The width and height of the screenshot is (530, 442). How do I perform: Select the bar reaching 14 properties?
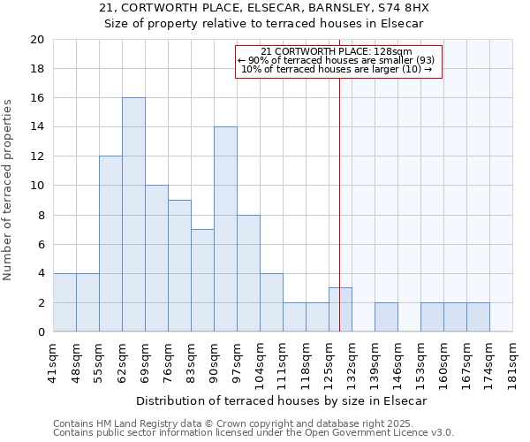pyautogui.click(x=225, y=230)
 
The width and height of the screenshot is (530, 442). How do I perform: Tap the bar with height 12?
pyautogui.click(x=110, y=244)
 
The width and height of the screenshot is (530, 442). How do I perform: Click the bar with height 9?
pyautogui.click(x=179, y=266)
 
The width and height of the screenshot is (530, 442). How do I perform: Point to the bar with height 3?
pyautogui.click(x=340, y=310)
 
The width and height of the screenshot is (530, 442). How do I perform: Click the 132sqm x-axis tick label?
pyautogui.click(x=352, y=360)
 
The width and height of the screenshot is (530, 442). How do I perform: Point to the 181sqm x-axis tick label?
pyautogui.click(x=512, y=360)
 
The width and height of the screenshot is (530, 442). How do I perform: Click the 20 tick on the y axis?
pyautogui.click(x=36, y=40)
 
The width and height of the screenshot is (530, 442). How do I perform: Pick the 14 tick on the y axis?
pyautogui.click(x=36, y=127)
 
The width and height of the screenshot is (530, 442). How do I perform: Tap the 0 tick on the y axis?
pyautogui.click(x=40, y=332)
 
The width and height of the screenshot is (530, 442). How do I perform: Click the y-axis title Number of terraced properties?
pyautogui.click(x=9, y=189)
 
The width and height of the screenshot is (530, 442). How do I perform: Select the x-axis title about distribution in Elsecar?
pyautogui.click(x=282, y=400)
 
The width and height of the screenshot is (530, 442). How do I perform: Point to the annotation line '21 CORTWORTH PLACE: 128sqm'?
pyautogui.click(x=337, y=51)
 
